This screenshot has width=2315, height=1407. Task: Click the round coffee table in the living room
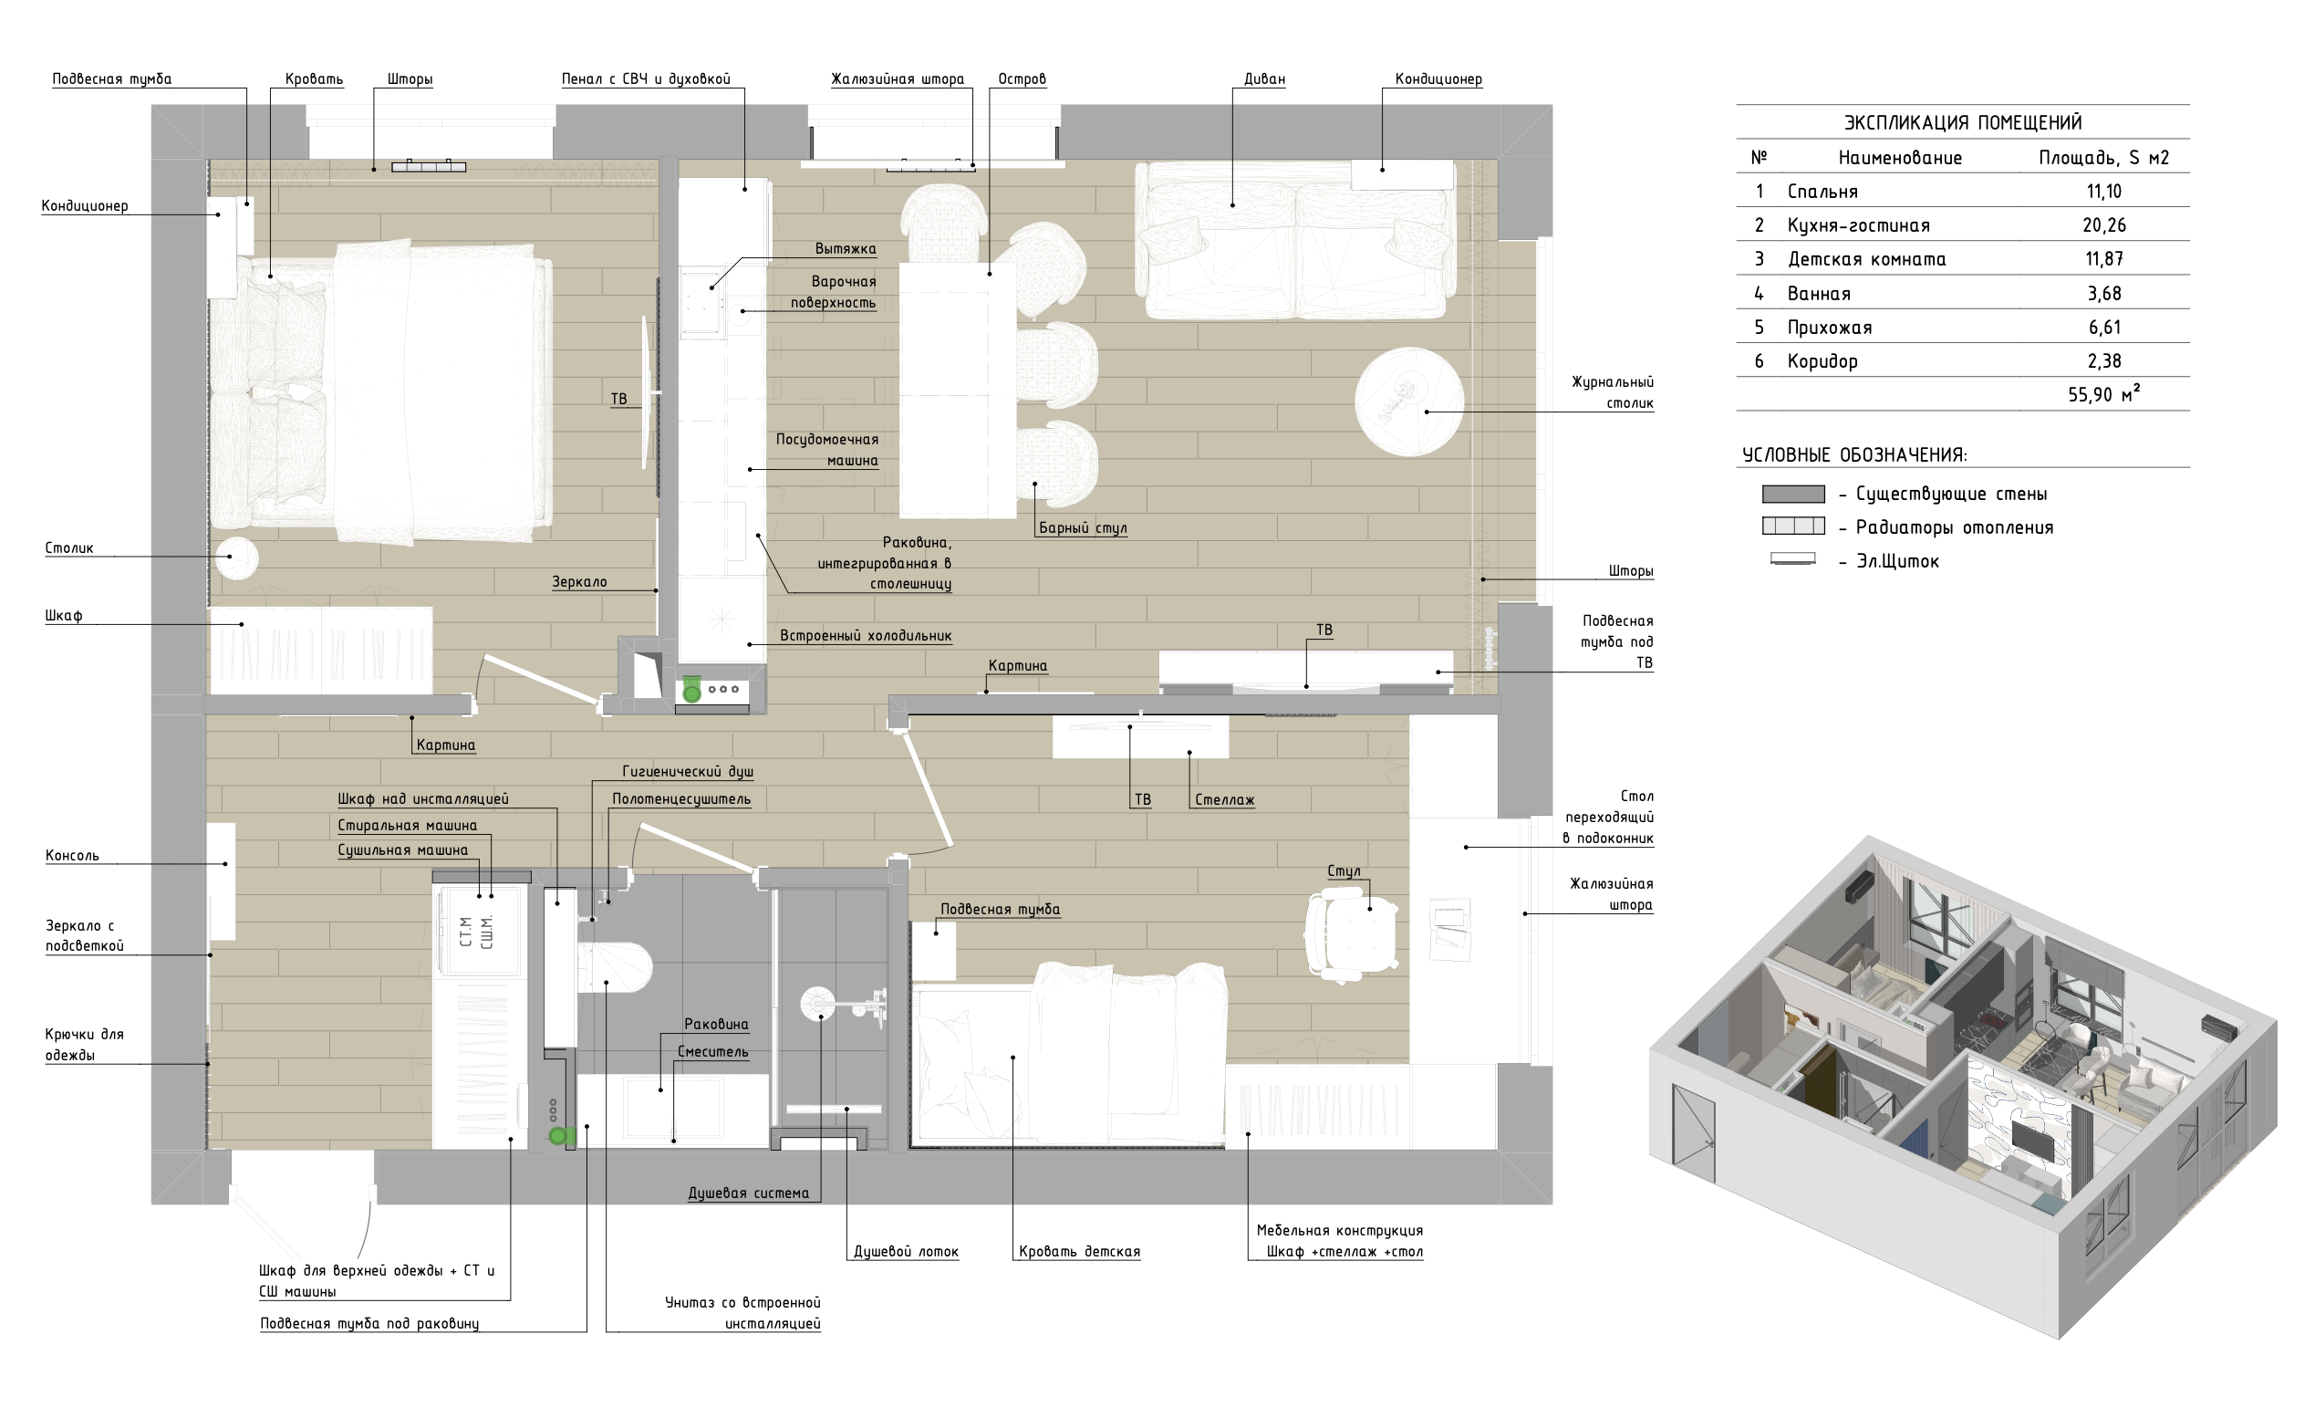pyautogui.click(x=1409, y=401)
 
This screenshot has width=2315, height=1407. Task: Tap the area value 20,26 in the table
pyautogui.click(x=2103, y=225)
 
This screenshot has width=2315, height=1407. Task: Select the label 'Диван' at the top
pyautogui.click(x=1264, y=79)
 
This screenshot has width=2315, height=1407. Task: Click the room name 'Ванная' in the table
pyautogui.click(x=1819, y=294)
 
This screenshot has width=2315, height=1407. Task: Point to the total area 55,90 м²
pyautogui.click(x=2104, y=394)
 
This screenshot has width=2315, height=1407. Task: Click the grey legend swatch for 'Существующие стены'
pyautogui.click(x=1793, y=495)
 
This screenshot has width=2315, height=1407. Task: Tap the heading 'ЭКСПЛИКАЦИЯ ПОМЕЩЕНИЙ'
pyautogui.click(x=1963, y=123)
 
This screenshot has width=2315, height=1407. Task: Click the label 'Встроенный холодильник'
pyautogui.click(x=866, y=635)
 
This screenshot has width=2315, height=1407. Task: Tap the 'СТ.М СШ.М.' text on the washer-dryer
pyautogui.click(x=476, y=932)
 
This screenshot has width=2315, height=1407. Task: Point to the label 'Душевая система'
pyautogui.click(x=748, y=1193)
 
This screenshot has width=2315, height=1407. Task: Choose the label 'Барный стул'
pyautogui.click(x=1083, y=528)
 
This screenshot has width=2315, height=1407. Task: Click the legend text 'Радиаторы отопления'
pyautogui.click(x=1954, y=528)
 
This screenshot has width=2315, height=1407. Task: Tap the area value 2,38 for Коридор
pyautogui.click(x=2104, y=362)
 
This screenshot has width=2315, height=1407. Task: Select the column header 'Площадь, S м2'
pyautogui.click(x=2103, y=158)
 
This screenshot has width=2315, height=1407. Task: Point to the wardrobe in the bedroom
pyautogui.click(x=320, y=651)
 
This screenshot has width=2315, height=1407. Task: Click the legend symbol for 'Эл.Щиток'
pyautogui.click(x=1792, y=559)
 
